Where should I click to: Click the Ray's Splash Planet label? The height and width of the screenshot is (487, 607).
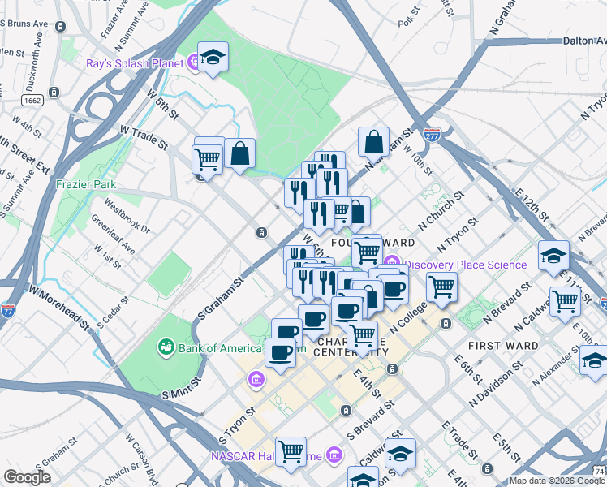(x=134, y=62)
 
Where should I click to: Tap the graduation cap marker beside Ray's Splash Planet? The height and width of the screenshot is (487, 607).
(x=213, y=58)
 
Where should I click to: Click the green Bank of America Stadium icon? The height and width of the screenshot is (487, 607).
(x=166, y=347)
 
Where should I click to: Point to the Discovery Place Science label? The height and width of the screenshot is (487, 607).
(x=466, y=265)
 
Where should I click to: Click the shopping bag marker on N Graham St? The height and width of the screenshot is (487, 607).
(x=373, y=141)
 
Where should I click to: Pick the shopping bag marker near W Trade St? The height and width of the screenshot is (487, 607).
(x=240, y=153)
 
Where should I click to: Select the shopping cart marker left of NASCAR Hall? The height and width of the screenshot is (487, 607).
(x=291, y=451)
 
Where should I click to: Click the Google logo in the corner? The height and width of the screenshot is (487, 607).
(x=27, y=477)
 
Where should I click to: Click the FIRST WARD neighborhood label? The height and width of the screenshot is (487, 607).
(x=503, y=346)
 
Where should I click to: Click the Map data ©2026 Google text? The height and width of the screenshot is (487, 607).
(x=557, y=481)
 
